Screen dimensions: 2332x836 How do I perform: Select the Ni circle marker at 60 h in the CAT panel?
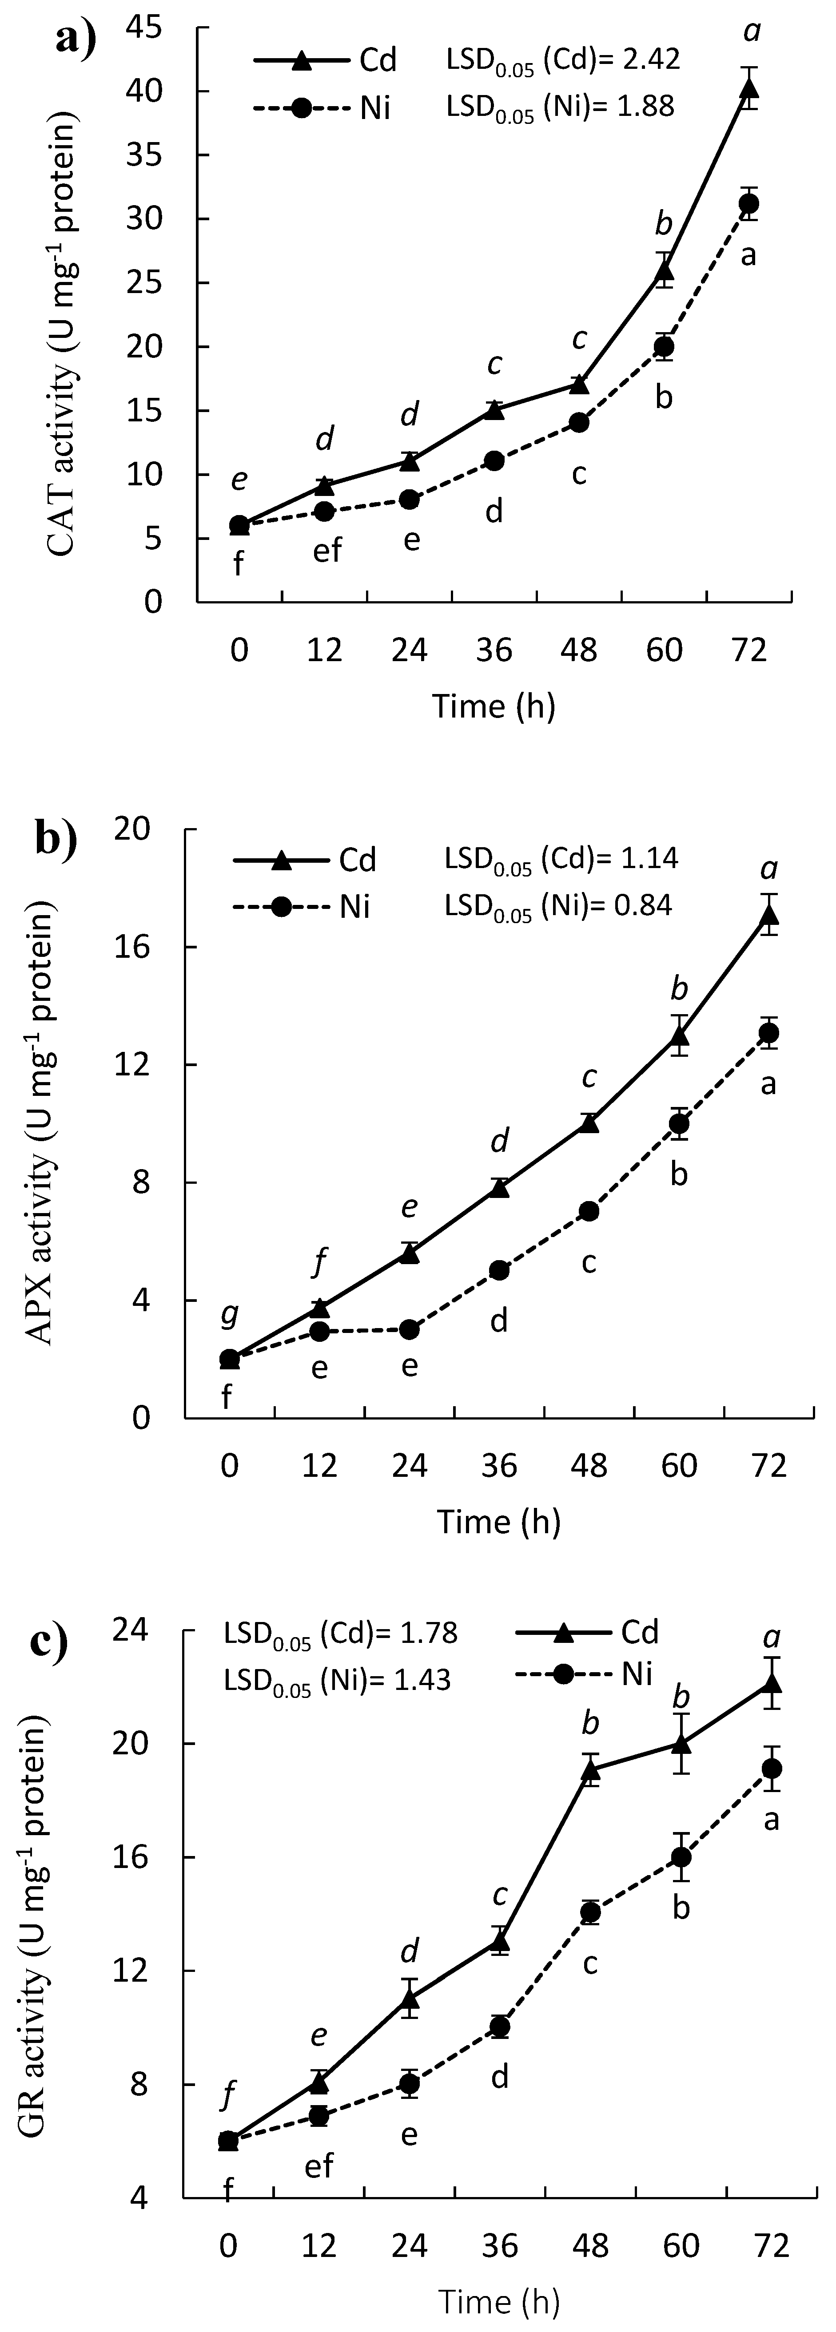click(x=664, y=347)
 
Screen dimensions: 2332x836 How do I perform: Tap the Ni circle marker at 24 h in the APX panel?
click(x=410, y=1330)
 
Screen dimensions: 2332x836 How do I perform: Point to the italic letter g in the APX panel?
click(x=230, y=1312)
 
